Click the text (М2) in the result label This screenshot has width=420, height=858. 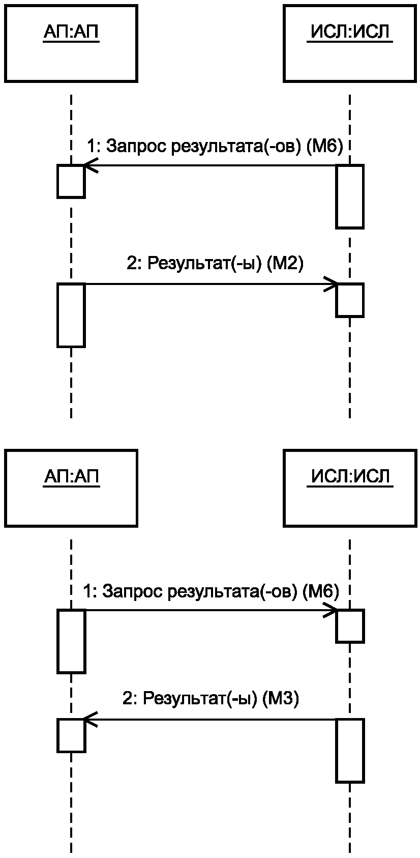click(x=284, y=264)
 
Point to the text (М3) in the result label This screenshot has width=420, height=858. click(x=280, y=699)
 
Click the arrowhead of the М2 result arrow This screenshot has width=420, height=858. click(x=331, y=284)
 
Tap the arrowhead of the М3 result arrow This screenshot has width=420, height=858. click(x=90, y=720)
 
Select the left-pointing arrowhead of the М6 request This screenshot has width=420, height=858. click(x=91, y=165)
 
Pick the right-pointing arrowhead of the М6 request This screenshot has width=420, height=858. click(x=331, y=610)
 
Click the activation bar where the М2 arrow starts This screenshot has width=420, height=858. click(x=71, y=315)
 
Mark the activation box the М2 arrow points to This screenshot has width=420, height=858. click(x=349, y=300)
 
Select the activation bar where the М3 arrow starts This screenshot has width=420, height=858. click(x=350, y=751)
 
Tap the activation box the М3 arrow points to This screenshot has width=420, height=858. click(x=71, y=735)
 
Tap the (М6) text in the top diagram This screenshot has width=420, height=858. click(x=325, y=147)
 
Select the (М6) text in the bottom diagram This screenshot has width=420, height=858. click(x=321, y=591)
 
